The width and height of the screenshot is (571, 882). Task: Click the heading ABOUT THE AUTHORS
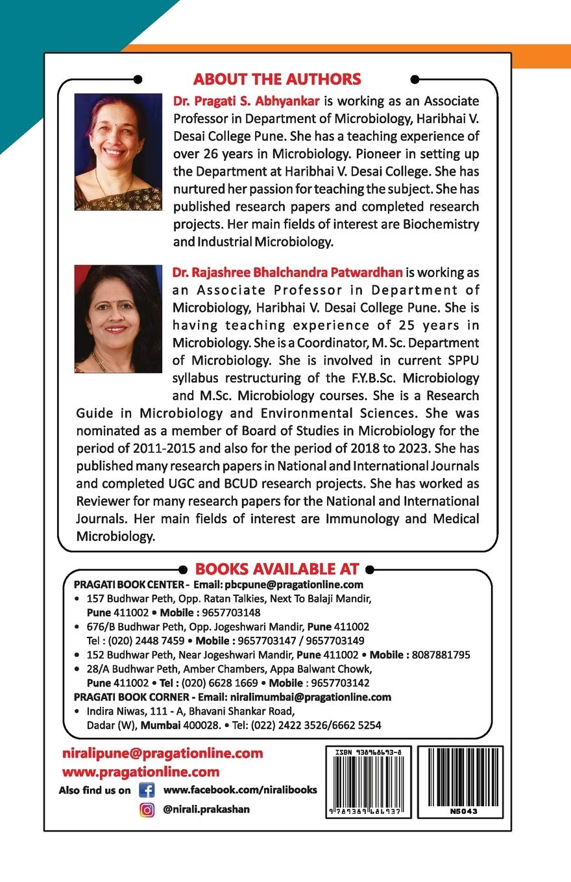pyautogui.click(x=276, y=79)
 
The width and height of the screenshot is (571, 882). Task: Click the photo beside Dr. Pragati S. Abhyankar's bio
pyautogui.click(x=118, y=152)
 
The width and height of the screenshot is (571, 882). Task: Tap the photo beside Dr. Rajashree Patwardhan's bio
pyautogui.click(x=118, y=318)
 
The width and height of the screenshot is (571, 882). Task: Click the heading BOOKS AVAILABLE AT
pyautogui.click(x=276, y=569)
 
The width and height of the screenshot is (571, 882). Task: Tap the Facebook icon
pyautogui.click(x=147, y=791)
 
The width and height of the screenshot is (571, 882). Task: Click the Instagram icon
pyautogui.click(x=147, y=809)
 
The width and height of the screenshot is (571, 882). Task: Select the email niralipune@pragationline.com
pyautogui.click(x=163, y=754)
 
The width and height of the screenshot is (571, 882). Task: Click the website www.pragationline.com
pyautogui.click(x=141, y=772)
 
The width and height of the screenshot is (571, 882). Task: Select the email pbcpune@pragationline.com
pyautogui.click(x=289, y=584)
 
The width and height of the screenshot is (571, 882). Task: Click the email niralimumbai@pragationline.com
pyautogui.click(x=310, y=697)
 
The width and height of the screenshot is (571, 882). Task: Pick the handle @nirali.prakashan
pyautogui.click(x=206, y=809)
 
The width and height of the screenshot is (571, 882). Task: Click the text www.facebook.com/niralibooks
pyautogui.click(x=240, y=790)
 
